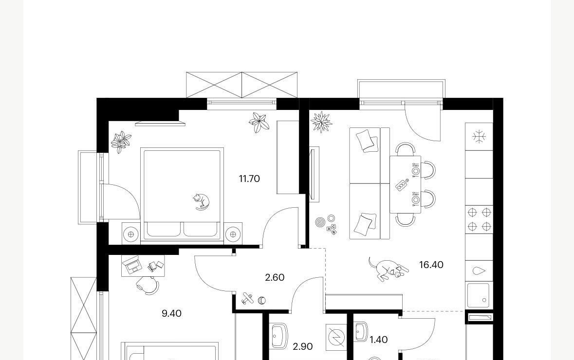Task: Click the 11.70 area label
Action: [x=249, y=179]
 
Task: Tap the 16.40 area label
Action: [x=431, y=265]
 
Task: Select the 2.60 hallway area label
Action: [x=275, y=277]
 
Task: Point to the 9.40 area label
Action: [x=171, y=313]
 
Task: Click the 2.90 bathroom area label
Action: [x=303, y=346]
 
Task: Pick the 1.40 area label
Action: [x=378, y=340]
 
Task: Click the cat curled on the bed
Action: [x=202, y=202]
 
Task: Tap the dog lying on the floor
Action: [x=388, y=269]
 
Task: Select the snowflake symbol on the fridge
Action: [x=479, y=137]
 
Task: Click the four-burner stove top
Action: [x=479, y=219]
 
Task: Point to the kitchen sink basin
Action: [x=478, y=295]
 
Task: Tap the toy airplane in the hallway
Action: [x=247, y=299]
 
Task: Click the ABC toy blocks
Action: [x=332, y=229]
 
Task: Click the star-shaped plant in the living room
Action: [x=321, y=122]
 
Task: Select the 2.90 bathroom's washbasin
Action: [x=279, y=336]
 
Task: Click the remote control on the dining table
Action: [x=402, y=184]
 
